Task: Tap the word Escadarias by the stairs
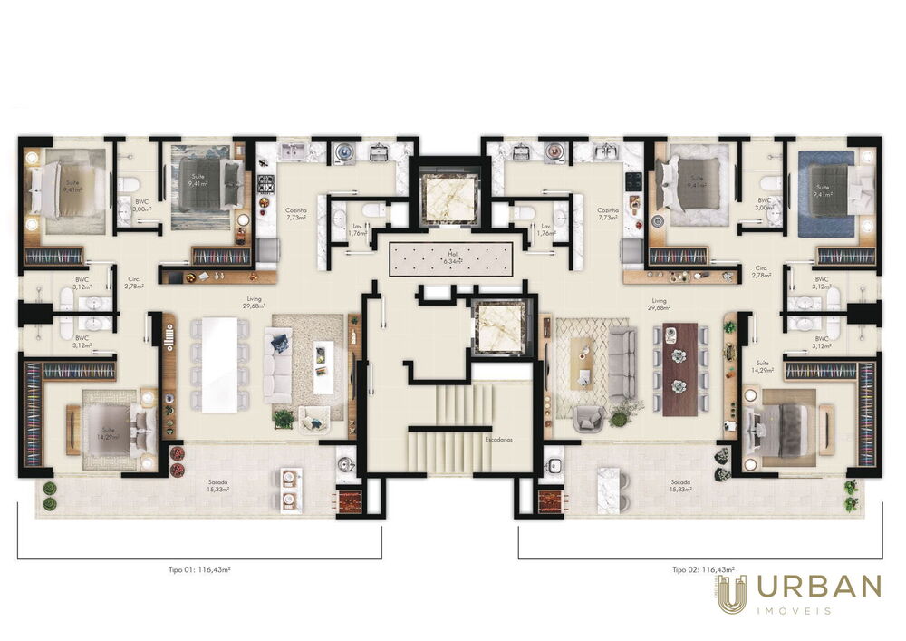pyautogui.click(x=498, y=438)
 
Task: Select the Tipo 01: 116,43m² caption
pyautogui.click(x=198, y=569)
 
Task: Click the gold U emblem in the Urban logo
pyautogui.click(x=732, y=594)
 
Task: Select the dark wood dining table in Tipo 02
pyautogui.click(x=681, y=369)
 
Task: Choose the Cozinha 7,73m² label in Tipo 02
pyautogui.click(x=608, y=214)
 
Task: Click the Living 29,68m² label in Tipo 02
pyautogui.click(x=659, y=304)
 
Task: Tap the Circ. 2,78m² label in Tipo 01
pyautogui.click(x=135, y=283)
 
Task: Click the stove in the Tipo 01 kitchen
pyautogui.click(x=266, y=185)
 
